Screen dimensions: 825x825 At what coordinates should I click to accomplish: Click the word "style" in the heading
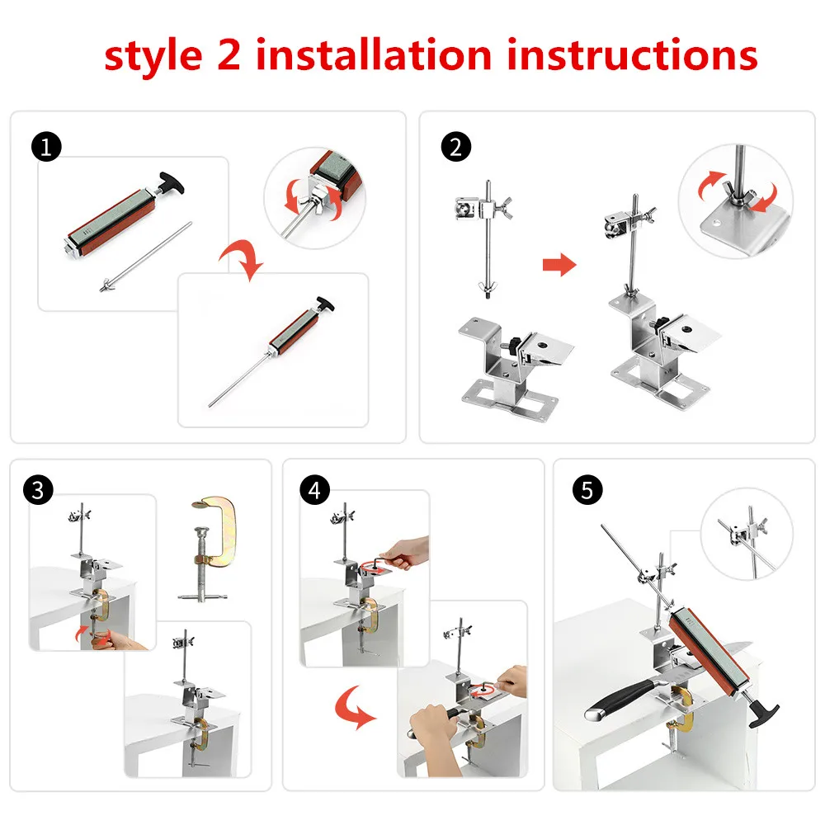click(x=153, y=57)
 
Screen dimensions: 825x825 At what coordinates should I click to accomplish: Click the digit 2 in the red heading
click(x=229, y=54)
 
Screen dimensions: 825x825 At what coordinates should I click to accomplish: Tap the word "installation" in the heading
click(x=374, y=54)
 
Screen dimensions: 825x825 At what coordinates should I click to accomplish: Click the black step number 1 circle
click(x=46, y=146)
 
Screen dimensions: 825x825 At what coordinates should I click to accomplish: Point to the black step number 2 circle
click(x=455, y=146)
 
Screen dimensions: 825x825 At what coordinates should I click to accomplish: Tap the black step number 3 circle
click(x=38, y=490)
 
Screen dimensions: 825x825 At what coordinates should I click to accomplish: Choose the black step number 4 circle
click(x=314, y=490)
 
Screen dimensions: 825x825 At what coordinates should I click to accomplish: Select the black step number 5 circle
click(x=587, y=490)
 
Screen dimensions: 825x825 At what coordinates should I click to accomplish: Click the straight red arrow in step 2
click(x=559, y=264)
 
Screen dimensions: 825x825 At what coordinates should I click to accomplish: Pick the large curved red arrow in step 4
click(x=351, y=708)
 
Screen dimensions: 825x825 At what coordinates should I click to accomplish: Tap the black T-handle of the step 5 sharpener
click(x=763, y=714)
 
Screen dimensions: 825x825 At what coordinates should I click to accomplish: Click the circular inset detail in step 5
click(x=747, y=534)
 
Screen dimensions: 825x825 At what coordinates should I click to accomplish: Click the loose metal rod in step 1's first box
click(x=146, y=257)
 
